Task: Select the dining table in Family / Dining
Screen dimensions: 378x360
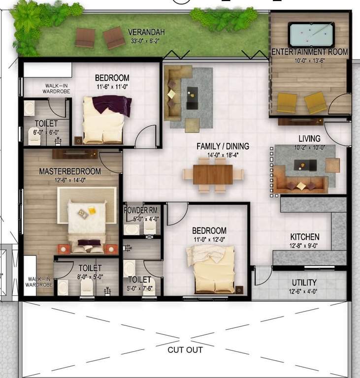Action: (x=213, y=174)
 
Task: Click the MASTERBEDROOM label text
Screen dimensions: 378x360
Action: (x=70, y=171)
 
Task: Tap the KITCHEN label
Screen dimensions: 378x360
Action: (x=304, y=237)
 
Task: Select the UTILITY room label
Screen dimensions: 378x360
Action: (x=304, y=283)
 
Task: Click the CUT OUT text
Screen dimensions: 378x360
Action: (x=185, y=350)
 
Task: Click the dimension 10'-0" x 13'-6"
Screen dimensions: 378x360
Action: (x=310, y=61)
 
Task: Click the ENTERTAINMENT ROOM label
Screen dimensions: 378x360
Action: (x=310, y=52)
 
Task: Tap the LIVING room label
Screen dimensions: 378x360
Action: (x=309, y=138)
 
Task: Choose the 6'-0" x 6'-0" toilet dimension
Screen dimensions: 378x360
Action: (x=46, y=132)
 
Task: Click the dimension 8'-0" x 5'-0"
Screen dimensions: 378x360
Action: (x=91, y=277)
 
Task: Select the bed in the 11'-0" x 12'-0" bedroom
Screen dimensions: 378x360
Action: (x=212, y=268)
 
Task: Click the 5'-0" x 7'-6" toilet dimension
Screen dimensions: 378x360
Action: (x=141, y=289)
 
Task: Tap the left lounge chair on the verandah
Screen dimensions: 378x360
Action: (x=85, y=38)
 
